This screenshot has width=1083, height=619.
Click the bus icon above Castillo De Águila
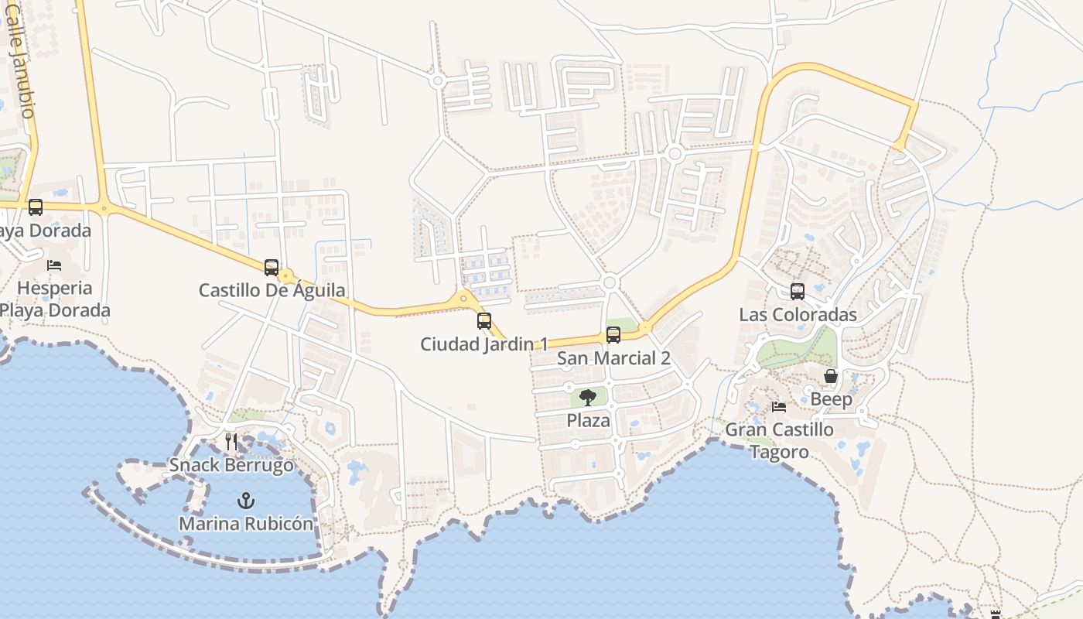(272, 268)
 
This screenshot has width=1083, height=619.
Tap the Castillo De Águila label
(272, 291)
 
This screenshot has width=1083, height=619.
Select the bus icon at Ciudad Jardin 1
(484, 320)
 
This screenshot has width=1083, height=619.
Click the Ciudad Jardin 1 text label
(484, 344)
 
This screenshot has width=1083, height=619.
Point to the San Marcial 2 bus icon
(613, 335)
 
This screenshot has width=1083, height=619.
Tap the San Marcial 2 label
(613, 359)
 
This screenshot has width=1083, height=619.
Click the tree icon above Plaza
(588, 398)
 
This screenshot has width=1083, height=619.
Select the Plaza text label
(589, 421)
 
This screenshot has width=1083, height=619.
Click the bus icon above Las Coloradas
(798, 292)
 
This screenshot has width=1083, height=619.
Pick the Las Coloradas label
(798, 315)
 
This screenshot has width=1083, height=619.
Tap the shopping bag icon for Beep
(831, 377)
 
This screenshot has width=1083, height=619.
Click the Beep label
(831, 400)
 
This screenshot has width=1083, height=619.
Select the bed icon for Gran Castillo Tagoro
(779, 407)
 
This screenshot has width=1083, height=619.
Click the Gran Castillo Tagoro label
(779, 440)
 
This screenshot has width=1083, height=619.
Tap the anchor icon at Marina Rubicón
(246, 501)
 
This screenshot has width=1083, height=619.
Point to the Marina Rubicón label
(246, 524)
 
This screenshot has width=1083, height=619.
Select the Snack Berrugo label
(231, 466)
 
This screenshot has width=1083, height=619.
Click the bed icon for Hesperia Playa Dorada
(54, 265)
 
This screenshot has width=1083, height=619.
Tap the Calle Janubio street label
(20, 70)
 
